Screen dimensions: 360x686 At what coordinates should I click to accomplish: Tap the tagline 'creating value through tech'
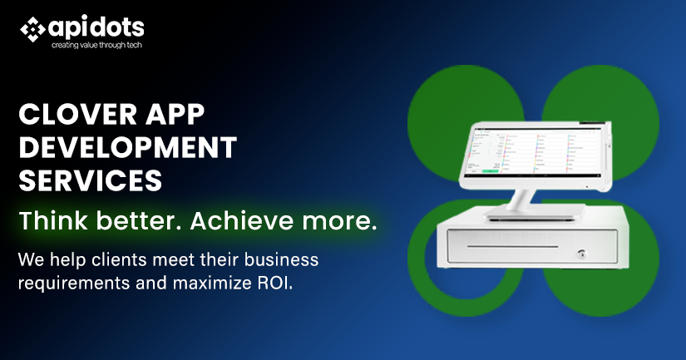pyautogui.click(x=96, y=45)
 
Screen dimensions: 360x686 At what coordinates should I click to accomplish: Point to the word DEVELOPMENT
pyautogui.click(x=127, y=147)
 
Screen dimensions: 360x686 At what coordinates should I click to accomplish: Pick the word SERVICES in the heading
pyautogui.click(x=90, y=179)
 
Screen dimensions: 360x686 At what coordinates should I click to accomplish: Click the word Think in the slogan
pyautogui.click(x=52, y=221)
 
